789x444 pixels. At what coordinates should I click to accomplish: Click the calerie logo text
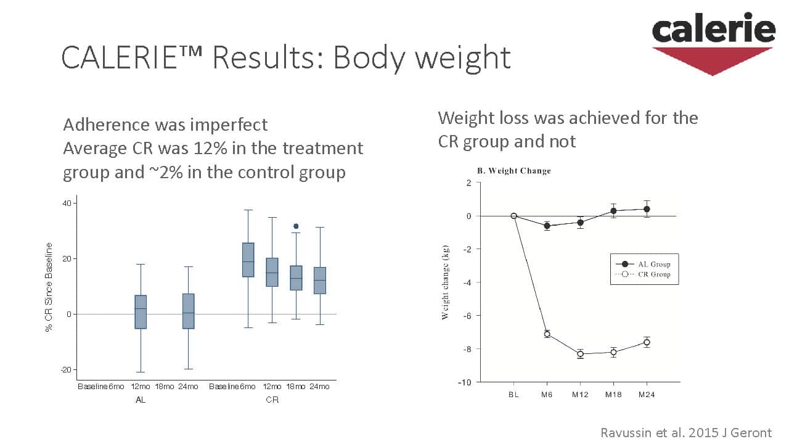pyautogui.click(x=713, y=30)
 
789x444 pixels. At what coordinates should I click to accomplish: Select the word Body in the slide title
pyautogui.click(x=370, y=57)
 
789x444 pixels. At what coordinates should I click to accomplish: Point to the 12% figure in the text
pyautogui.click(x=224, y=149)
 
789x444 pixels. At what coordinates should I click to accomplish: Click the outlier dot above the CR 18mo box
pyautogui.click(x=296, y=226)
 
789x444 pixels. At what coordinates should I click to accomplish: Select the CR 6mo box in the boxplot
pyautogui.click(x=248, y=260)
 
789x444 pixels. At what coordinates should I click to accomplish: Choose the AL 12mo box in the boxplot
pyautogui.click(x=141, y=311)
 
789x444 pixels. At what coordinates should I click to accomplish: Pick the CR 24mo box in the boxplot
pyautogui.click(x=319, y=281)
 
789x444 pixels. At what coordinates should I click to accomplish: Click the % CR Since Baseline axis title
pyautogui.click(x=49, y=287)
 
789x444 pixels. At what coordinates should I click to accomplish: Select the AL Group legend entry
pyautogui.click(x=644, y=264)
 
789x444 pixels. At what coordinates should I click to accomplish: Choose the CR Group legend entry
pyautogui.click(x=644, y=274)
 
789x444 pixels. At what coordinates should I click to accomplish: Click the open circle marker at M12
pyautogui.click(x=580, y=353)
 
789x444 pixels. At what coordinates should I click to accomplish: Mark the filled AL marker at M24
pyautogui.click(x=647, y=209)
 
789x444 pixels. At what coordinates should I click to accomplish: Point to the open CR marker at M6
pyautogui.click(x=547, y=334)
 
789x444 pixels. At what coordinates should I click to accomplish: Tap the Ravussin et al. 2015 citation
pyautogui.click(x=685, y=432)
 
